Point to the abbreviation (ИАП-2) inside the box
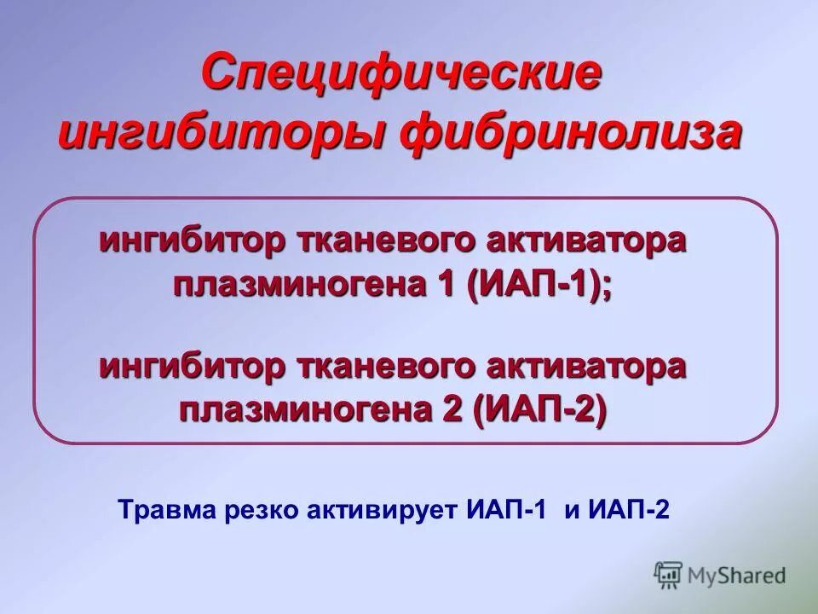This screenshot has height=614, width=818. [543, 413]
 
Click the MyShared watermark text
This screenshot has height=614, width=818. [737, 576]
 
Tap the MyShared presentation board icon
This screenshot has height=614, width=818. [668, 575]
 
